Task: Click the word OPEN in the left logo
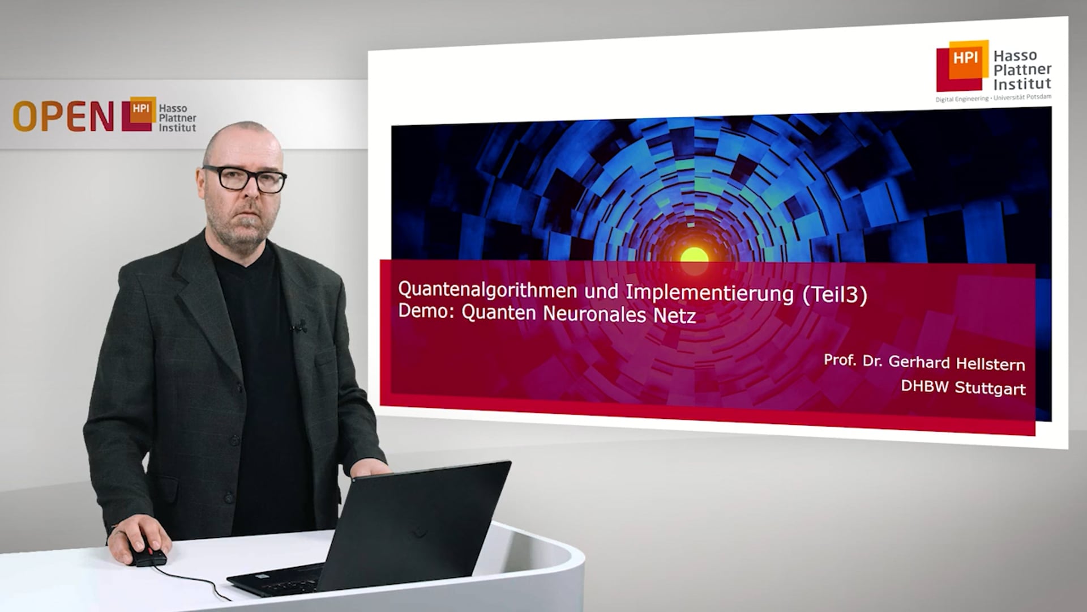point(63,117)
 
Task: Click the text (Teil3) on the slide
point(834,295)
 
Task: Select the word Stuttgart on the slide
point(990,388)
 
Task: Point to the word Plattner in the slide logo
point(1022,70)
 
